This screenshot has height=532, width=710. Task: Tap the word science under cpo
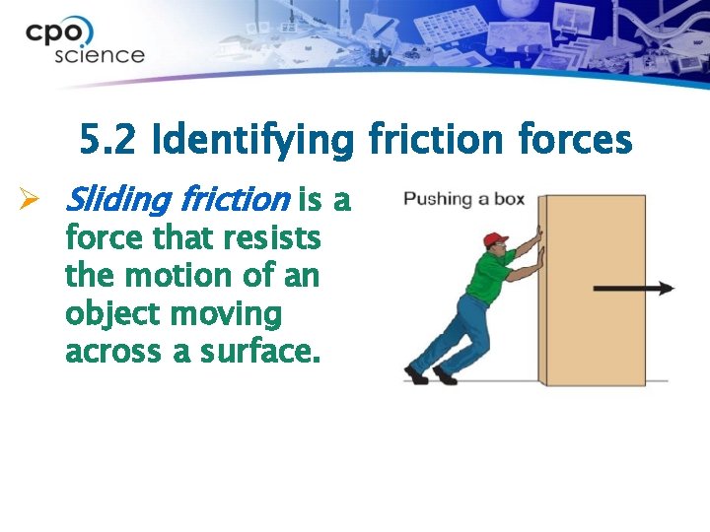[99, 54]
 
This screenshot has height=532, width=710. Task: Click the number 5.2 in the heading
[108, 143]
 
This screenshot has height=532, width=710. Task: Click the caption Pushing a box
[463, 200]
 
